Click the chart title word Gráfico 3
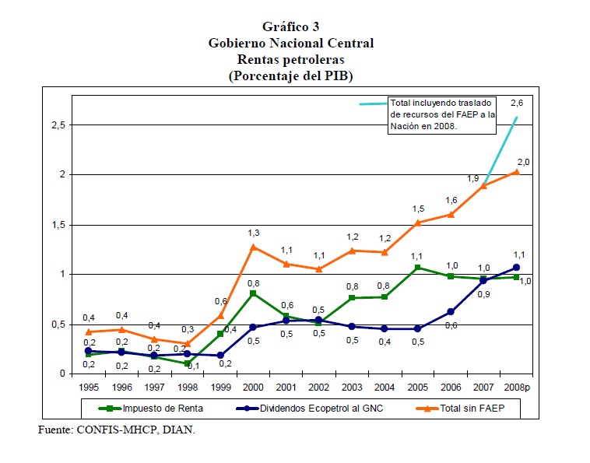290,27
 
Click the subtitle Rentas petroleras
290,59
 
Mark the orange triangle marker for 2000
253,247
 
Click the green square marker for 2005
417,268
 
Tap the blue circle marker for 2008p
515,268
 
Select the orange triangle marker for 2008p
515,172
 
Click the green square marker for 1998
188,363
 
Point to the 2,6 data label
515,103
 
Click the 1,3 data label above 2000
253,233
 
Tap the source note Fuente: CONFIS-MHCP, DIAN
117,430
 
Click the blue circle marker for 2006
450,312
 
